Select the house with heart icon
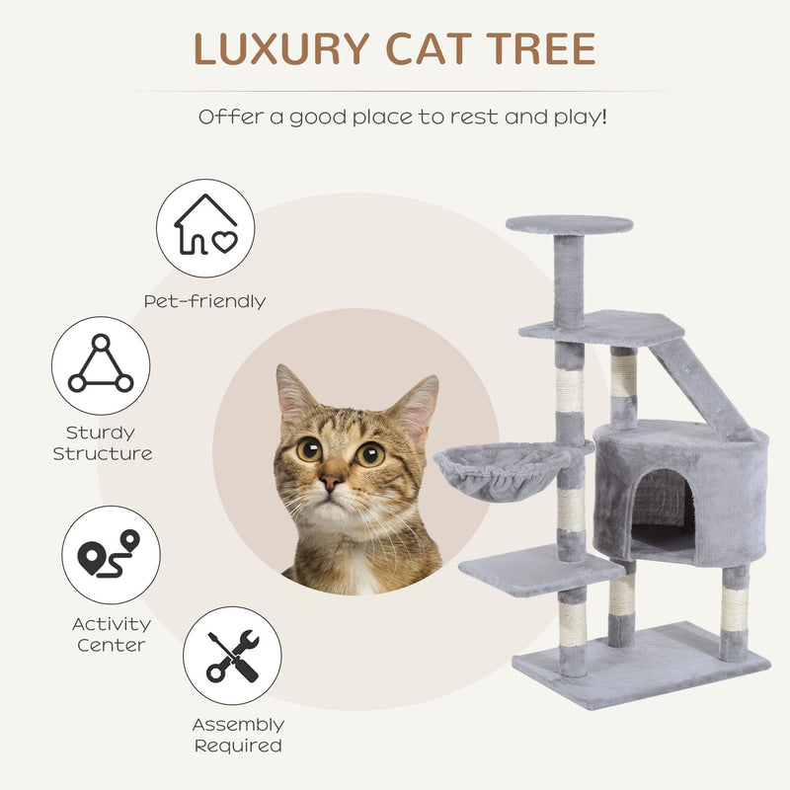[x=205, y=228]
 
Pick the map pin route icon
[x=111, y=555]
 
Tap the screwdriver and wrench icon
[x=232, y=656]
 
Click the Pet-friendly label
[x=204, y=301]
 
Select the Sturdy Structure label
[x=102, y=443]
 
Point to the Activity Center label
[x=111, y=635]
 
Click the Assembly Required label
[x=237, y=736]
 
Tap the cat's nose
[x=332, y=481]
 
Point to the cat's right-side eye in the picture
[x=370, y=453]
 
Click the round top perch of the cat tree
[x=570, y=224]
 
